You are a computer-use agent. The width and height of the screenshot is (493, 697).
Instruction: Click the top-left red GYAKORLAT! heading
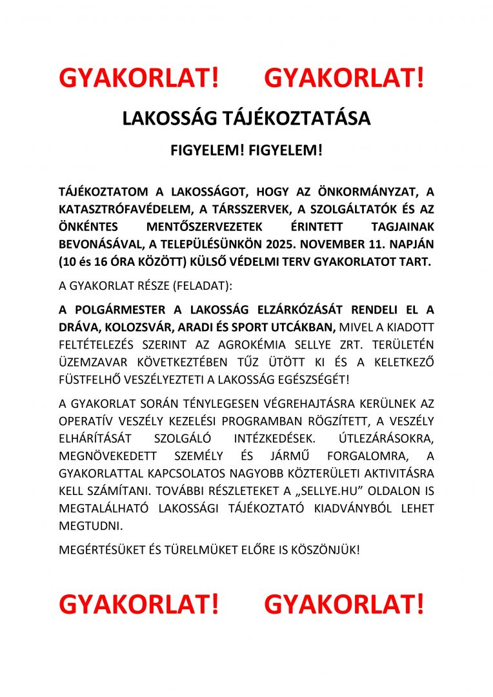[139, 79]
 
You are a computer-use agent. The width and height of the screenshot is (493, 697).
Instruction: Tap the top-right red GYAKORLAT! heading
[344, 79]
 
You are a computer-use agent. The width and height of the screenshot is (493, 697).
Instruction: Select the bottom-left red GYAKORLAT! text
[139, 604]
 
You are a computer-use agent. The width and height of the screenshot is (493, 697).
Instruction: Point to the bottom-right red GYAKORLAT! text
[344, 604]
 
